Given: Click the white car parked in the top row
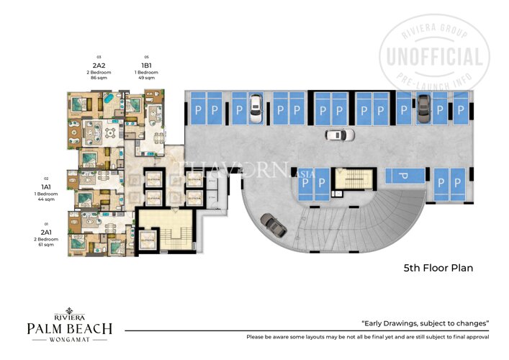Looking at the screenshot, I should [x=253, y=106].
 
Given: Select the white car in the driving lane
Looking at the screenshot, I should [x=339, y=135].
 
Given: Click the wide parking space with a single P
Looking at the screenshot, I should [x=403, y=176].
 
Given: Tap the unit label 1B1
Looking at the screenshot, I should [x=147, y=64].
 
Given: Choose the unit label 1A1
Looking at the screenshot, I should [x=46, y=185].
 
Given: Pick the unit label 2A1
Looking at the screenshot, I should [x=46, y=233].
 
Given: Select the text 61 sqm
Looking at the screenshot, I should [x=46, y=245].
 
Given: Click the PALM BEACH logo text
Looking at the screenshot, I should [x=69, y=329].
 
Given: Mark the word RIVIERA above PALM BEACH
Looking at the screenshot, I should [x=69, y=316].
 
